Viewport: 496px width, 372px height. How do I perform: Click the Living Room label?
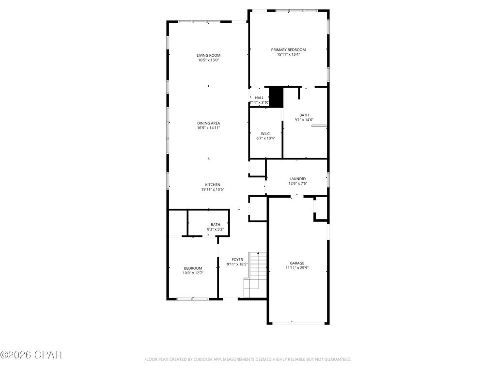tap(208, 55)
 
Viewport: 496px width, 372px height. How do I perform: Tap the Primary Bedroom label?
tap(288, 50)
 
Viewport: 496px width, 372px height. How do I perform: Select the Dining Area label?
tap(208, 123)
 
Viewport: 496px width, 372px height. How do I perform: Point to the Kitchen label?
tap(213, 185)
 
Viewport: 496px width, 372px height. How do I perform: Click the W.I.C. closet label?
tap(265, 133)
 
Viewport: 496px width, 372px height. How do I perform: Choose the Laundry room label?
tap(297, 179)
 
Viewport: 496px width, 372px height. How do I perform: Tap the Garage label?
tap(297, 263)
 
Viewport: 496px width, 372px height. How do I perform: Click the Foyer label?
tap(237, 260)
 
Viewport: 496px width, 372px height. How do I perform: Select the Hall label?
tap(259, 98)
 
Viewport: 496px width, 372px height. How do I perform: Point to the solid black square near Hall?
tap(276, 97)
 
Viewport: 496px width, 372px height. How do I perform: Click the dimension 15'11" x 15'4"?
tap(288, 55)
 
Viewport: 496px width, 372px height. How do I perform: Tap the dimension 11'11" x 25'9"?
tap(297, 268)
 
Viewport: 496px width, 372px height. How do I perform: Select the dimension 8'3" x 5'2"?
tap(215, 229)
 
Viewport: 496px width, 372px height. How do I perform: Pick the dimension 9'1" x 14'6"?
tap(304, 120)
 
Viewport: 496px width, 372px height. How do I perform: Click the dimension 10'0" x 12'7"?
tap(192, 273)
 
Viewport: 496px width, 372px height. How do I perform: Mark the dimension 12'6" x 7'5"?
tap(297, 184)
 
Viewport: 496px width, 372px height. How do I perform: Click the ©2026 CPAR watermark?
tap(31, 355)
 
